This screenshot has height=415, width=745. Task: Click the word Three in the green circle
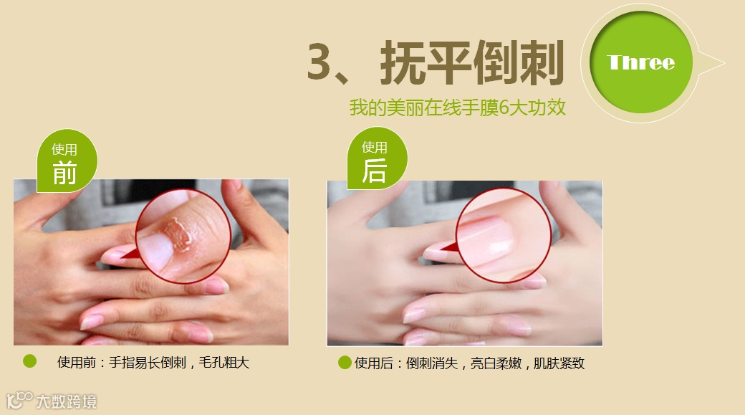click(x=640, y=62)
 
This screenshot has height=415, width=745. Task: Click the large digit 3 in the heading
click(x=319, y=62)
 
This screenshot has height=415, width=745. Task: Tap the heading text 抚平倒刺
click(x=472, y=62)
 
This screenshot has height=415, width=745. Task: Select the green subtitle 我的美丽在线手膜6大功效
click(x=458, y=108)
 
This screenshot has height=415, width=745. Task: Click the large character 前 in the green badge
click(x=64, y=173)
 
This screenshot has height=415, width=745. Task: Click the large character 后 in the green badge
click(x=375, y=171)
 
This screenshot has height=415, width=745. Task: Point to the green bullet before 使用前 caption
click(x=29, y=361)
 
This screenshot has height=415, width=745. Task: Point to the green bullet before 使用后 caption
click(x=345, y=363)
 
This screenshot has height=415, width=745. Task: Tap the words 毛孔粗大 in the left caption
click(x=223, y=363)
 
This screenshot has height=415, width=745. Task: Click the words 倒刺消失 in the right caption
click(x=432, y=363)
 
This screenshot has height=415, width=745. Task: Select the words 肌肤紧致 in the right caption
click(x=559, y=363)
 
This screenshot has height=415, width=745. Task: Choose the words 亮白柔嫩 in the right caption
click(x=496, y=363)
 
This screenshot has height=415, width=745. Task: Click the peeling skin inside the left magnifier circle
click(x=178, y=234)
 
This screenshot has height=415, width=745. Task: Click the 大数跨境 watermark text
click(x=67, y=401)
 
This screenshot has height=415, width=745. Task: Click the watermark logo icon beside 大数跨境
click(x=19, y=400)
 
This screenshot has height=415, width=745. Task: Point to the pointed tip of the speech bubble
click(x=724, y=62)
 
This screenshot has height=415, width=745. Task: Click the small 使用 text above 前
click(x=64, y=150)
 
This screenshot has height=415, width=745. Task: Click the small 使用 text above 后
click(x=375, y=148)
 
